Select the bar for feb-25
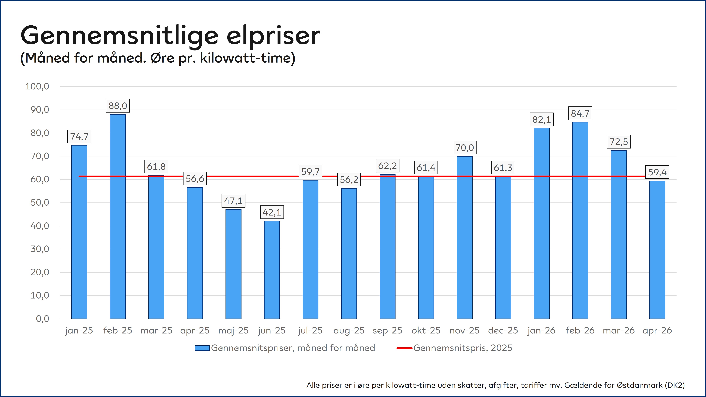pos(118,216)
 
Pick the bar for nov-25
pos(465,237)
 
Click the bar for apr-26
pos(657,250)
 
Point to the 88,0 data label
pos(118,106)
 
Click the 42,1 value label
pos(272,212)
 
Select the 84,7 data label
pos(580,113)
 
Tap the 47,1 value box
pos(234,201)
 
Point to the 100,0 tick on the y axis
pos(37,86)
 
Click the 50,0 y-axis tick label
pos(40,203)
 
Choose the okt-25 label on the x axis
pos(426,331)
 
